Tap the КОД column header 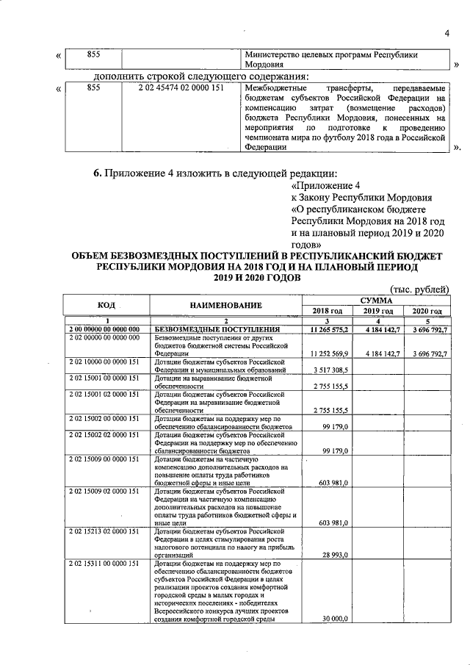coord(106,305)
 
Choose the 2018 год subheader coord(327,311)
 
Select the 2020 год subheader coord(427,311)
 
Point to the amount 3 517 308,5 coord(332,370)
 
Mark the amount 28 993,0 coord(336,555)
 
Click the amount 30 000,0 coord(336,619)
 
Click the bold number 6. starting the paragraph coord(96,173)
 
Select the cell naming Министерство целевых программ coord(330,60)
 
